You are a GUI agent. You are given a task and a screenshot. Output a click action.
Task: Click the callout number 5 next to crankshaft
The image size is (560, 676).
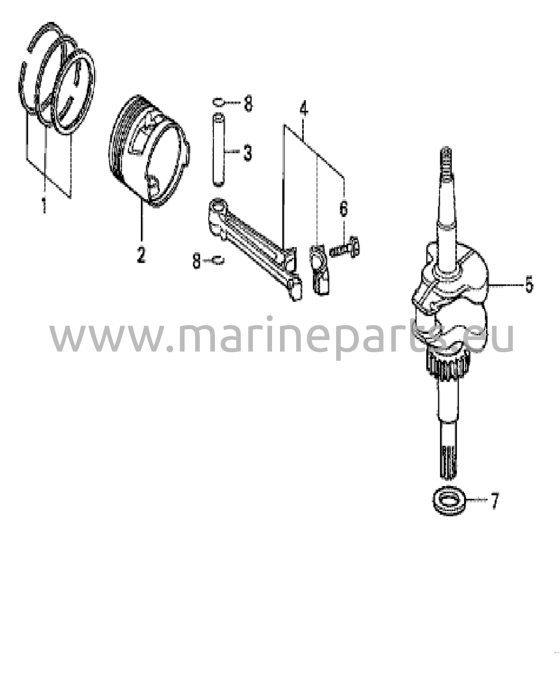tap(529, 284)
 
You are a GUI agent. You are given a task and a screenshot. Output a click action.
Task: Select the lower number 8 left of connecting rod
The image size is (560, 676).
tap(196, 261)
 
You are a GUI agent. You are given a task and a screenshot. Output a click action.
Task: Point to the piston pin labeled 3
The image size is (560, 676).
tap(218, 150)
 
